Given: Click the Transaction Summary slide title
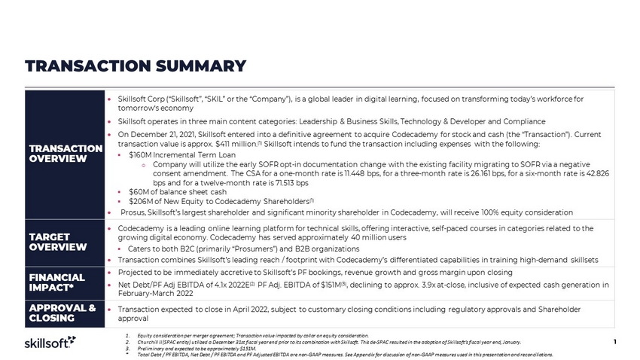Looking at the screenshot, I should pos(136,66).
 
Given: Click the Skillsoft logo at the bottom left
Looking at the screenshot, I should pos(46,343).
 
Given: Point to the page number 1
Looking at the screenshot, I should pos(615,343).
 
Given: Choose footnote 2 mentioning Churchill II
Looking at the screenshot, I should pos(324,341).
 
